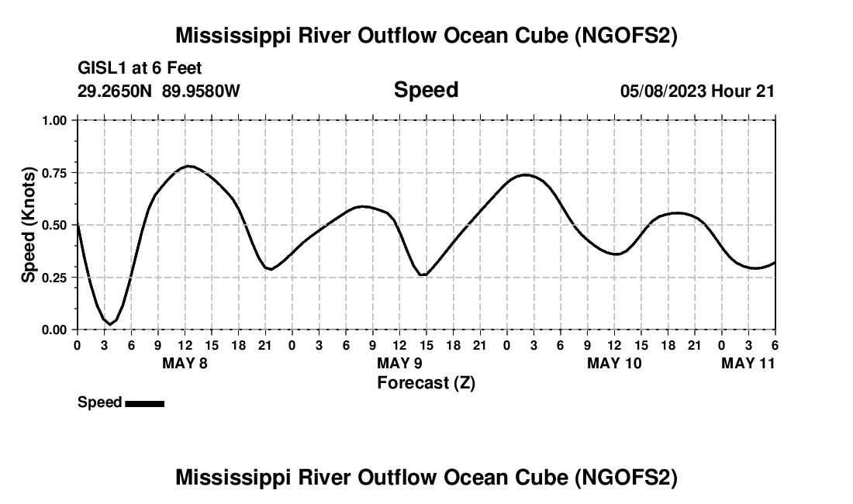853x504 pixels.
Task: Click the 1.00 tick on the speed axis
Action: tap(57, 120)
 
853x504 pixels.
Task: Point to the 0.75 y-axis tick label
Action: tap(57, 173)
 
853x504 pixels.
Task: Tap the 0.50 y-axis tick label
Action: tap(57, 225)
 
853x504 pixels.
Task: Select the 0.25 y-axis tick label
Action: tap(57, 278)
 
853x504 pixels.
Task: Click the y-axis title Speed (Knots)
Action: tap(29, 225)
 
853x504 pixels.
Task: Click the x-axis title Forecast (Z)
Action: tap(426, 382)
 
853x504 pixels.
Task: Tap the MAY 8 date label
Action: tap(185, 363)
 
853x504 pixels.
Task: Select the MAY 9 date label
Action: tap(399, 363)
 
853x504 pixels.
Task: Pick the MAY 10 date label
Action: tap(614, 363)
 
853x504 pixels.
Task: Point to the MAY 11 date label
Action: tap(748, 363)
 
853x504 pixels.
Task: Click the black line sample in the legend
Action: tap(144, 402)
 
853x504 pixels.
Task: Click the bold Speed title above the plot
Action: tap(426, 90)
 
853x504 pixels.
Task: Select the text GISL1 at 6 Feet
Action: tap(140, 69)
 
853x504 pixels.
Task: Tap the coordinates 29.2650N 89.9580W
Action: tap(159, 91)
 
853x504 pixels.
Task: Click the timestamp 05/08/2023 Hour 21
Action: tap(697, 91)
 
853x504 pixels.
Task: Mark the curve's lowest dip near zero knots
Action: tap(111, 323)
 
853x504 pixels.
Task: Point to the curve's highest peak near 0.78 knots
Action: tap(188, 166)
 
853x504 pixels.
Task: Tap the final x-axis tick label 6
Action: tap(775, 345)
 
